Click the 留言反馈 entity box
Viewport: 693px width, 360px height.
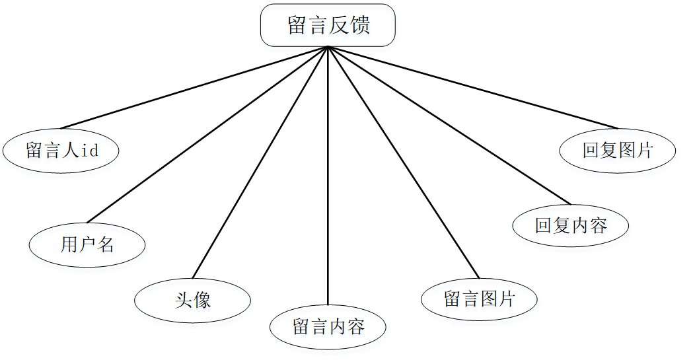[328, 25]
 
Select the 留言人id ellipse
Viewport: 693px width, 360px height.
[61, 151]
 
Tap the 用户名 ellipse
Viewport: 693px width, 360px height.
[87, 245]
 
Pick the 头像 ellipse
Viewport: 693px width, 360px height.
[192, 301]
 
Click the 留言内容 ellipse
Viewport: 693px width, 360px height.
[328, 326]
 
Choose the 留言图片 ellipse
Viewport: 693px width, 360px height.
[479, 299]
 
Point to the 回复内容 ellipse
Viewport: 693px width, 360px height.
[570, 225]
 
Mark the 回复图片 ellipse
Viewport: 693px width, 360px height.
[617, 151]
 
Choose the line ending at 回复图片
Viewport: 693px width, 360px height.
[472, 87]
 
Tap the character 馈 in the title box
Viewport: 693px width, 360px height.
[360, 25]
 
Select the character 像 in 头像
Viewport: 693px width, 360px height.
[202, 301]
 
